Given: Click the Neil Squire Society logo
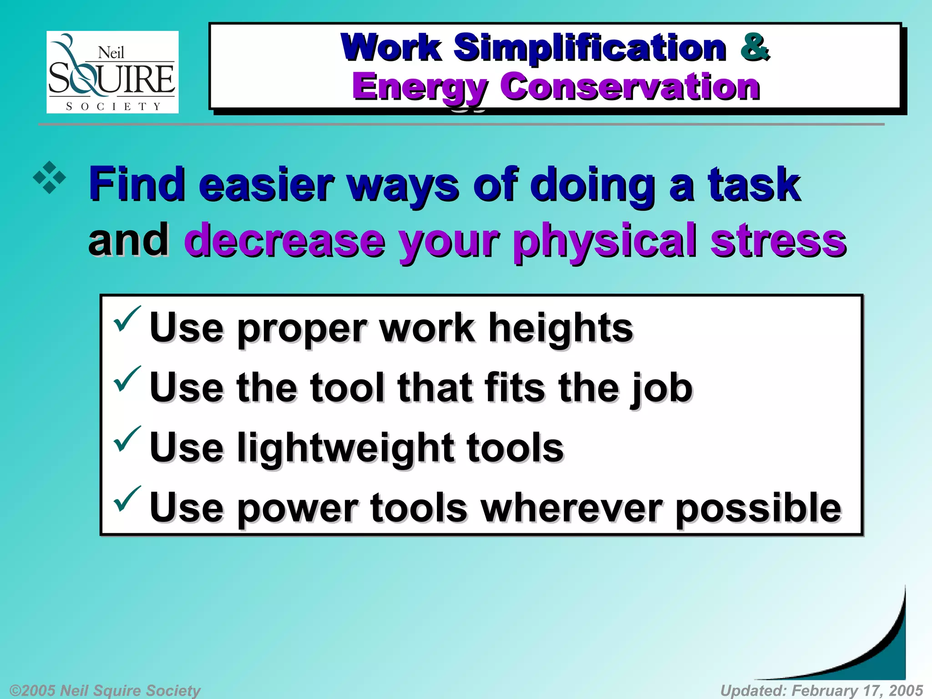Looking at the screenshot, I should click(x=112, y=72).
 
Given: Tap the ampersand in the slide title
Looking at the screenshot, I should click(x=755, y=47).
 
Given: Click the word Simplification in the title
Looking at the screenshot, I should click(x=590, y=48).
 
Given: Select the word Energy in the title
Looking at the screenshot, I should click(x=420, y=87).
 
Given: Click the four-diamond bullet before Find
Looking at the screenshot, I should click(x=50, y=178).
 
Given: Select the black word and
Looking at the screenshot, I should click(x=128, y=240).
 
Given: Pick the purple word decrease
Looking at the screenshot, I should click(x=284, y=240).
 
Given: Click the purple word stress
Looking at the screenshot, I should click(x=778, y=240).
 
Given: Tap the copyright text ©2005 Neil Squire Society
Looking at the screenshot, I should click(x=105, y=690).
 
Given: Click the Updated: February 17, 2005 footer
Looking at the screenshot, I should click(x=821, y=690).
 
